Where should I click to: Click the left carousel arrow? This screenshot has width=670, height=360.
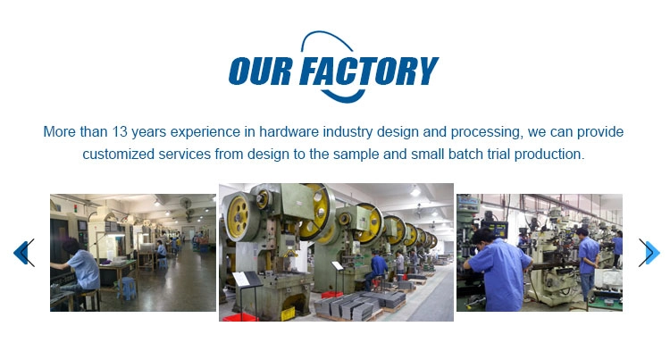(x=24, y=253)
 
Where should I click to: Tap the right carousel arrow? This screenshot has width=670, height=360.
(x=649, y=253)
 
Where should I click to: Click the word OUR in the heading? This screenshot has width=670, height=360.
(x=260, y=71)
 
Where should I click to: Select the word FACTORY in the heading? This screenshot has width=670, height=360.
(x=369, y=71)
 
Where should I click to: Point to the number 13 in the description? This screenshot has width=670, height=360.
(x=120, y=131)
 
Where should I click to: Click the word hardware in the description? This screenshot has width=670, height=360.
(x=289, y=131)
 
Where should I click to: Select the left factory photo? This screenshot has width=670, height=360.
(x=133, y=253)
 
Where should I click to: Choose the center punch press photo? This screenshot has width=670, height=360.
(x=336, y=253)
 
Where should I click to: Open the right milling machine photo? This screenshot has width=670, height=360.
(x=540, y=253)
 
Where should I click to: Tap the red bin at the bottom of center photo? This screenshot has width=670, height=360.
(x=239, y=317)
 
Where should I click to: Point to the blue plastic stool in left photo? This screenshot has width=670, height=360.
(x=127, y=289)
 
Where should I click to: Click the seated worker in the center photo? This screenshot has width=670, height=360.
(x=376, y=269)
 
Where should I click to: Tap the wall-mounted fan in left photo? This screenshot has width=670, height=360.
(x=186, y=204)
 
